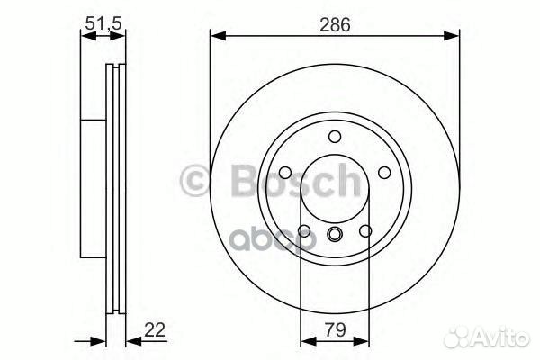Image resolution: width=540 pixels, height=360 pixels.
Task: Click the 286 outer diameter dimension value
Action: click(x=334, y=26)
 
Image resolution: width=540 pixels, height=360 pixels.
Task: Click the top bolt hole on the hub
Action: click(x=334, y=138)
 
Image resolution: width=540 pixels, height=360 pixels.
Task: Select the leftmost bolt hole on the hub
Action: click(x=283, y=174)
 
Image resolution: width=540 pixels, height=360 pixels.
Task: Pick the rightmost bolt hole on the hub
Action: click(x=384, y=174)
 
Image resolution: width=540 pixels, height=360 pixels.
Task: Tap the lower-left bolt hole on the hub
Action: click(x=303, y=232)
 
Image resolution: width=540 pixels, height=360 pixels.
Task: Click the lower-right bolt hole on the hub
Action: click(x=365, y=232)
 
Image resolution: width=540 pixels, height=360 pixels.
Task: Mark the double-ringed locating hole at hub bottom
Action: click(x=334, y=236)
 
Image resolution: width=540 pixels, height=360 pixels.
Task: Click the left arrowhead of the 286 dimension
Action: click(x=217, y=37)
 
